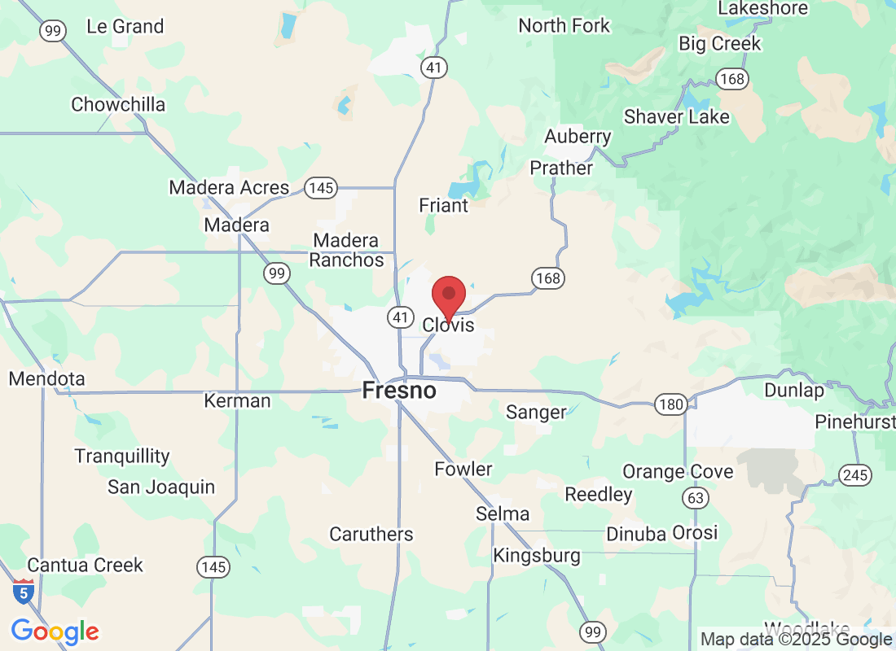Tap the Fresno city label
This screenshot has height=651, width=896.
(x=398, y=391)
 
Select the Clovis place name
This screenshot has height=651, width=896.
(x=447, y=325)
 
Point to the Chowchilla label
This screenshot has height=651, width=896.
(x=118, y=105)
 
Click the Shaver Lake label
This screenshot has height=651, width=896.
(x=677, y=117)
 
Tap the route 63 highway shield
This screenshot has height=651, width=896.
(x=695, y=497)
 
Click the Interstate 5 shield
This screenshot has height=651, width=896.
(x=24, y=592)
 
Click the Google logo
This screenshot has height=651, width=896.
(x=55, y=631)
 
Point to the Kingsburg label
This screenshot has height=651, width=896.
(x=537, y=556)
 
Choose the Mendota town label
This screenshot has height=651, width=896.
(x=46, y=379)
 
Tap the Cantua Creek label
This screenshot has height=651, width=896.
(x=85, y=565)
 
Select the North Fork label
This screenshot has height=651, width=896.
(x=564, y=26)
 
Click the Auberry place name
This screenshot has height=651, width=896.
(x=578, y=137)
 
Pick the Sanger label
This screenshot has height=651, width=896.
(x=536, y=413)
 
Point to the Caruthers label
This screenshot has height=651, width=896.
(x=371, y=535)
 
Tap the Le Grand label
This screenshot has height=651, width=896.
(x=125, y=27)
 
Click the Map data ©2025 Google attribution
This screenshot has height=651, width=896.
(x=796, y=640)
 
